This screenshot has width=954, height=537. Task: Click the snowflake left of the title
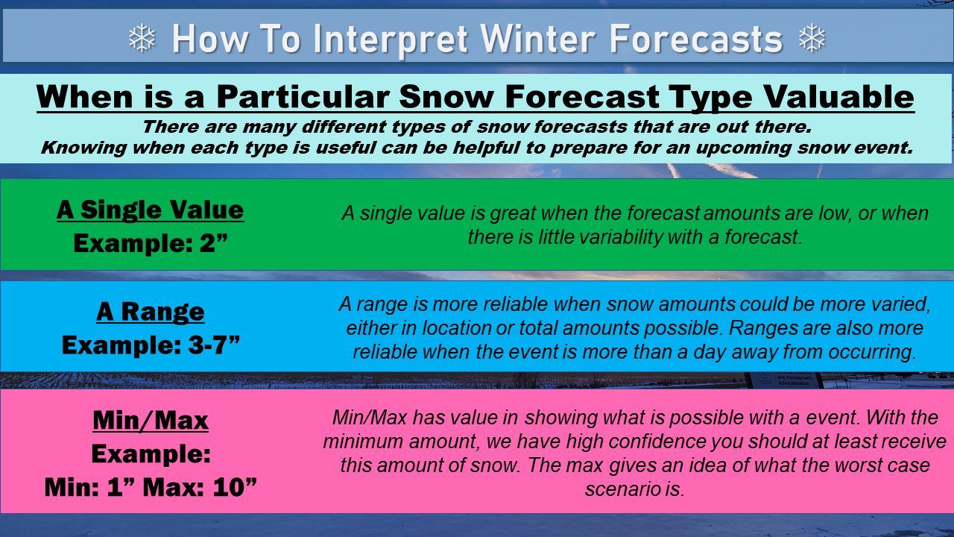pos(142,38)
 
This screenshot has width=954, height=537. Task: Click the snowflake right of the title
pos(812,38)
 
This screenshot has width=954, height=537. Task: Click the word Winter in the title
pos(538,39)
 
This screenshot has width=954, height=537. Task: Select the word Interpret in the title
pos(391,40)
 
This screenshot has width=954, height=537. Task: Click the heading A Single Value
pos(150,210)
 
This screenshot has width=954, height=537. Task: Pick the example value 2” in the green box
pos(214,243)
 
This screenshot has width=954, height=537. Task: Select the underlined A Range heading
pos(150,311)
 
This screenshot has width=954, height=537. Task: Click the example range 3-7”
pos(214,345)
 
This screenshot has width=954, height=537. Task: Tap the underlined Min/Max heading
pos(151,421)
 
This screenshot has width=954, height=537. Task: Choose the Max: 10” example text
pos(200,487)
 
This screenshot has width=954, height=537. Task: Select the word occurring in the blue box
pos(873,353)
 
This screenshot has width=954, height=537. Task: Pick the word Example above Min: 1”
pos(151,453)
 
